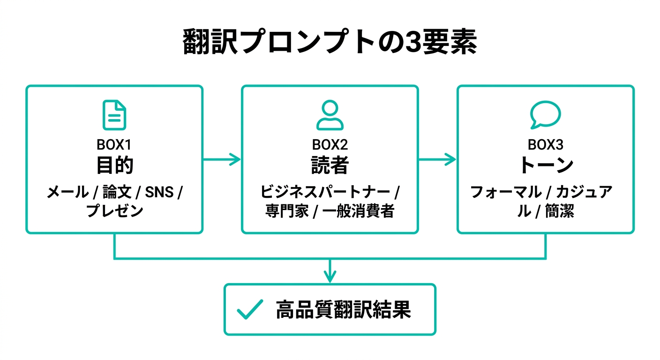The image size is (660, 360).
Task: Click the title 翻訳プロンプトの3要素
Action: click(x=330, y=43)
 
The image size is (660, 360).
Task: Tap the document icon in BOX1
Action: click(x=114, y=115)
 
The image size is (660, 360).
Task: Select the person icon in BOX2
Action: click(x=330, y=115)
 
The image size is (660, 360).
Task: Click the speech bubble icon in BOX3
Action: click(x=545, y=115)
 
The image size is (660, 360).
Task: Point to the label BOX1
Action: click(x=114, y=145)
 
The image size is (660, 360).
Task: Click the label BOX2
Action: click(x=330, y=145)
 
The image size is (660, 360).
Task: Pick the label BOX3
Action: click(x=545, y=145)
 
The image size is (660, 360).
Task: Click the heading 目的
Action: click(x=114, y=165)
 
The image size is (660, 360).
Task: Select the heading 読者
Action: click(x=330, y=165)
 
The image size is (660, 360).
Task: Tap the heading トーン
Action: click(x=546, y=165)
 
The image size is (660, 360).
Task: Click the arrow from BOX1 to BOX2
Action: click(x=222, y=159)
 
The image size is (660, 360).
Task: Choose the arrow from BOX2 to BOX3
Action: click(x=437, y=159)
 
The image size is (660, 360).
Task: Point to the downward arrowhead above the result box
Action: click(x=330, y=277)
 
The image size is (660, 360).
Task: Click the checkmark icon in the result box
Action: click(x=249, y=310)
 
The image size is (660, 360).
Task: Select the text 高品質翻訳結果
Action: click(x=343, y=310)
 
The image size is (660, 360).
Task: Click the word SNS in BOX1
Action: click(x=159, y=192)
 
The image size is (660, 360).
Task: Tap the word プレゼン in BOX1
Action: click(x=114, y=211)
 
